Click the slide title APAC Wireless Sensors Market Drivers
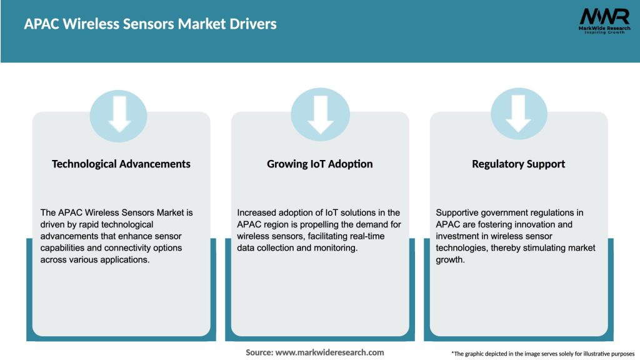click(150, 24)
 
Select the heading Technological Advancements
click(121, 164)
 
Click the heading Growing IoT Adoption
click(320, 164)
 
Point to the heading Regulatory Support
click(518, 164)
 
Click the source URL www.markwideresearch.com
click(330, 352)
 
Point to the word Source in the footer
click(259, 352)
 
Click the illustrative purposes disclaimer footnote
click(542, 354)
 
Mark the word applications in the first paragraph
click(127, 260)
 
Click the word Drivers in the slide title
click(252, 24)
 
